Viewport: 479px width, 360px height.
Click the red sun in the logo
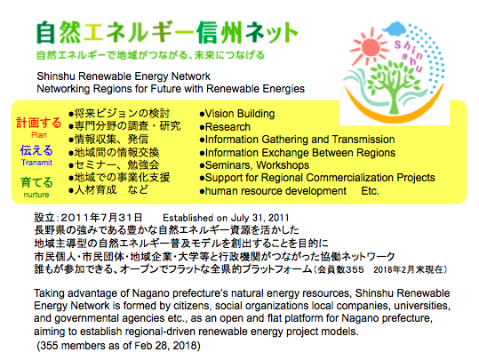point(370,47)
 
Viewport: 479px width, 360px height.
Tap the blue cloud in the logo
point(395,28)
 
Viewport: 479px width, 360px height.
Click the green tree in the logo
point(392,86)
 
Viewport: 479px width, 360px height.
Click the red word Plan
point(39,135)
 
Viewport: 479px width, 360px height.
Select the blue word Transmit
point(36,163)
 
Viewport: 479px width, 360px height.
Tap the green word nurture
point(36,195)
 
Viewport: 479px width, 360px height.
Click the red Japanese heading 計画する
point(38,123)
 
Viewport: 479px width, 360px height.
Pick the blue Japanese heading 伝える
point(36,150)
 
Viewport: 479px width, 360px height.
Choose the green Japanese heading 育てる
point(36,182)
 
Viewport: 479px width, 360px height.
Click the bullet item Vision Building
point(237,114)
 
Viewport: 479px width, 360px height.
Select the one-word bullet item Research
point(225,127)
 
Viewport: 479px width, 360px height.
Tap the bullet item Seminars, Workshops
point(254,165)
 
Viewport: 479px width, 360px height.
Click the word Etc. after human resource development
point(370,191)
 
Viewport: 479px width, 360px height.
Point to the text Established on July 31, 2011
point(226,218)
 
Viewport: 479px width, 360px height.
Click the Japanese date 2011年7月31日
point(101,218)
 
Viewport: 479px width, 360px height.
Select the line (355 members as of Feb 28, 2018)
point(118,346)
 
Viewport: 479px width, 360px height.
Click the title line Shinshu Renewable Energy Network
point(124,76)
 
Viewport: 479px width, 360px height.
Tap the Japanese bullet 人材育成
point(95,190)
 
